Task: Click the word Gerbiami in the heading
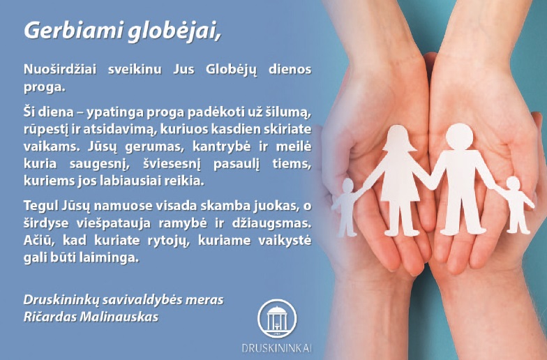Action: [73, 31]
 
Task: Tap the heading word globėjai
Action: [174, 31]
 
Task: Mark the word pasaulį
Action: [237, 164]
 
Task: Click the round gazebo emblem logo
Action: [277, 318]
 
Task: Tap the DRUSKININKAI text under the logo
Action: [276, 348]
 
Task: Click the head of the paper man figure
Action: [459, 137]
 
